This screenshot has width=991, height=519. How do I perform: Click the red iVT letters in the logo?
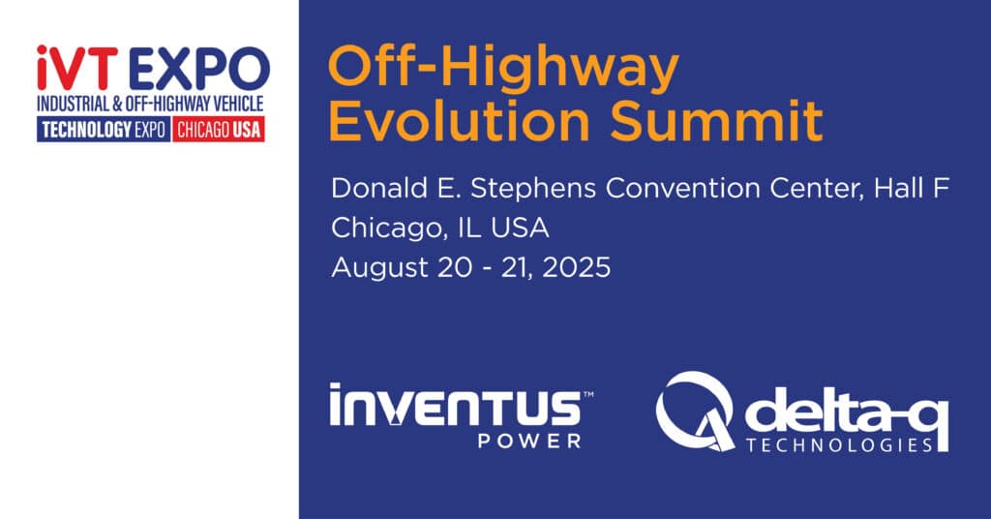(x=77, y=68)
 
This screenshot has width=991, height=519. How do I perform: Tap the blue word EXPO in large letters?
(x=199, y=69)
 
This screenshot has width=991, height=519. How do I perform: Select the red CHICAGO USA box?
(x=219, y=129)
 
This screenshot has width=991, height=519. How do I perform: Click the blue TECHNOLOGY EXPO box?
(x=104, y=129)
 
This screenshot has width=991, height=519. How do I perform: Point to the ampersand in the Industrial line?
(x=117, y=103)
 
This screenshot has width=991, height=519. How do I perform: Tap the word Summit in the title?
(x=716, y=120)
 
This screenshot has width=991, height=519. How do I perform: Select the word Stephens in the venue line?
(x=533, y=190)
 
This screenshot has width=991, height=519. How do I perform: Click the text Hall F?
(x=912, y=189)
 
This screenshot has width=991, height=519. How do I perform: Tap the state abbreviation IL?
(x=469, y=229)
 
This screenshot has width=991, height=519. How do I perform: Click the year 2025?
(x=577, y=267)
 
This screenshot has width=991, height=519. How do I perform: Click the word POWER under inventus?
(x=529, y=442)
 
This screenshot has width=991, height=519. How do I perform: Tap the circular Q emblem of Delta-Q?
(x=695, y=411)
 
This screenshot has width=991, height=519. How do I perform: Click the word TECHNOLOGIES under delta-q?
(x=839, y=445)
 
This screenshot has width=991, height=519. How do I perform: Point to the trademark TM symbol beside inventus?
(x=587, y=394)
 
